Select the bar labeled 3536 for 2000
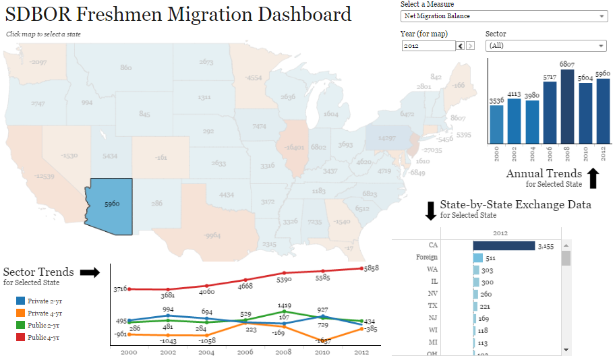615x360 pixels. [497, 125]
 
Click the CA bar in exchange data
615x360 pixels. [504, 246]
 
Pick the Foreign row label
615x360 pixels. [426, 258]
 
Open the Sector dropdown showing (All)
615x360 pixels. [546, 46]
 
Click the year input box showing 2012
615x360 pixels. [428, 46]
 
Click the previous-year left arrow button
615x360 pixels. [461, 46]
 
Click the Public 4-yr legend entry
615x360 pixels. [43, 337]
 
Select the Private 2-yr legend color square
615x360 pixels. [21, 301]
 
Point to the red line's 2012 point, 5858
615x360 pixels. [361, 268]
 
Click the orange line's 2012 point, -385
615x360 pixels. [361, 329]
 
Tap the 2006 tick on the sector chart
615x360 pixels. [245, 353]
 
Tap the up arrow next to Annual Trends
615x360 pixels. [593, 178]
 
